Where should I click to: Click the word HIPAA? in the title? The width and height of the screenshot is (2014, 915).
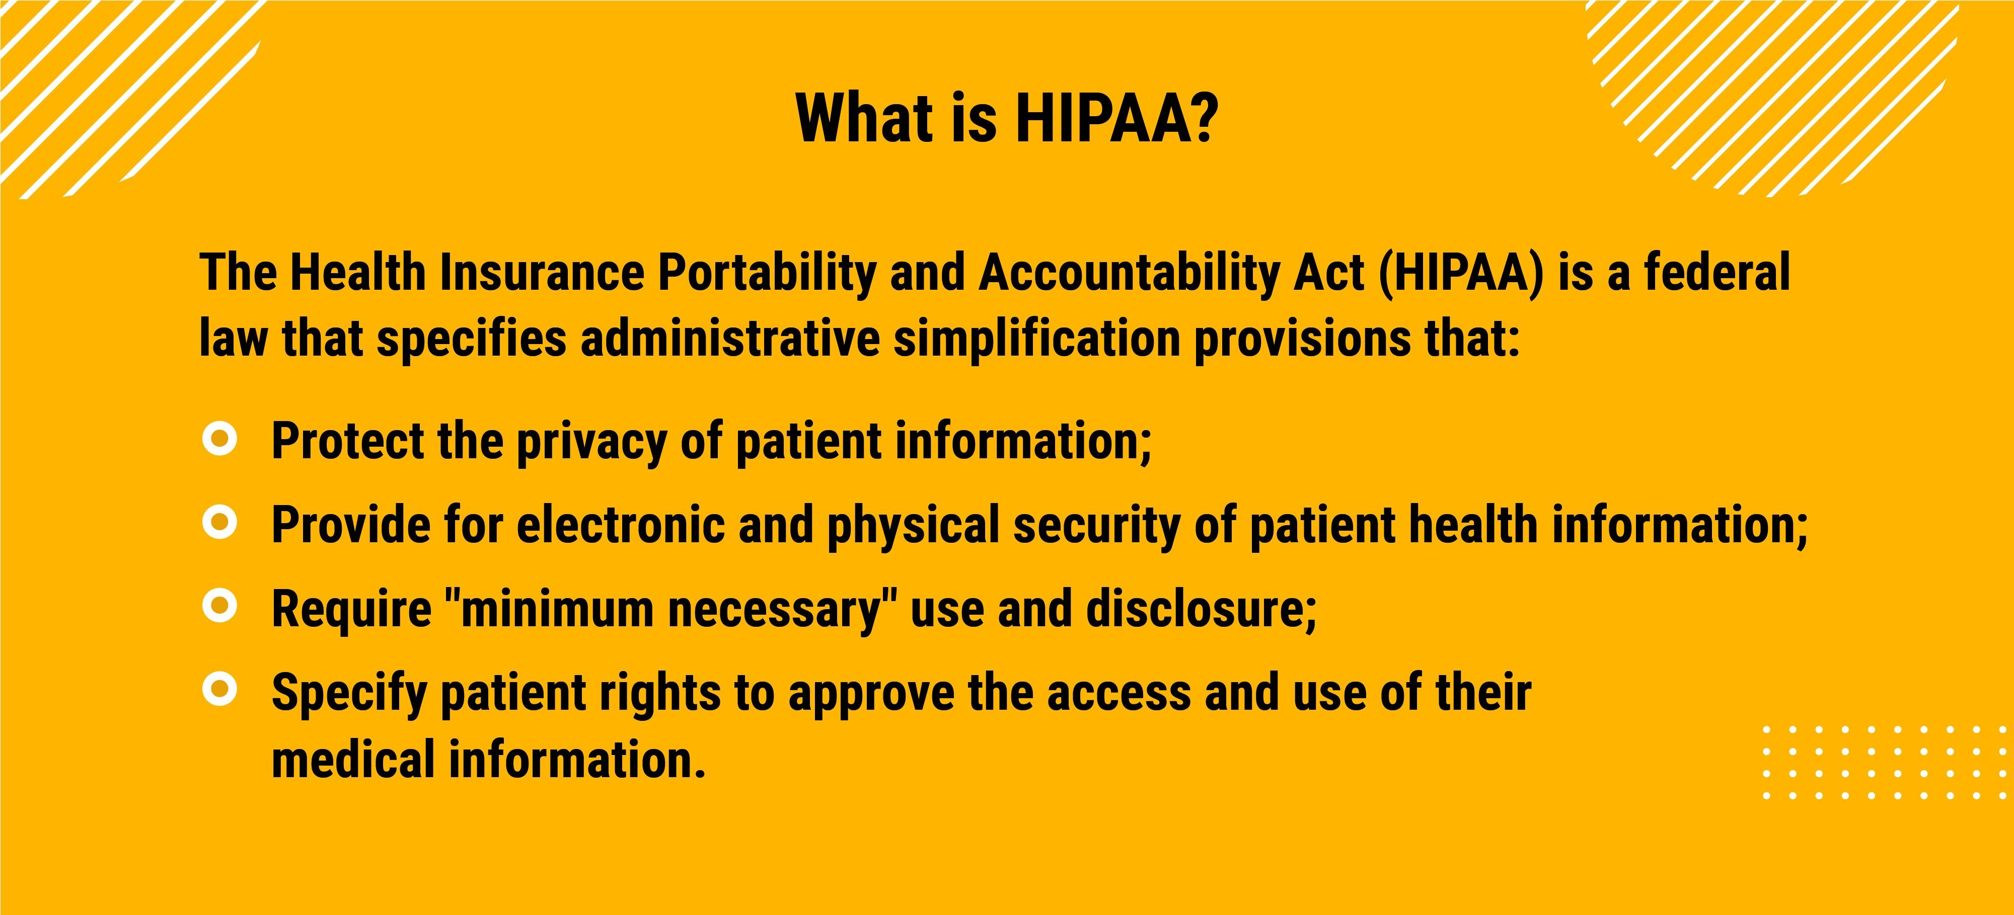point(1116,118)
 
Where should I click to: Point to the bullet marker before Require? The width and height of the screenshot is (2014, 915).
point(219,606)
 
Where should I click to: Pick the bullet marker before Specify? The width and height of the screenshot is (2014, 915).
point(219,689)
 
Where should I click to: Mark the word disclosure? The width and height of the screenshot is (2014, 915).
point(1202,608)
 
